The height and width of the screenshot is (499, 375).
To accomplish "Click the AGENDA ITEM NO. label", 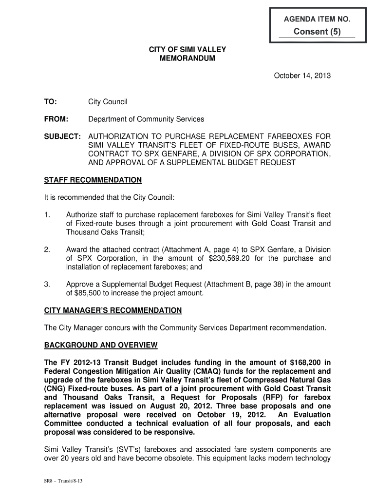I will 318,20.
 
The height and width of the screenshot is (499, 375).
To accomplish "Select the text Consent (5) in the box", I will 317,32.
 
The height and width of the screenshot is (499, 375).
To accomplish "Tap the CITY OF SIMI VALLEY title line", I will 187,50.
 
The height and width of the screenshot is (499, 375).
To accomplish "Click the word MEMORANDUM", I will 187,58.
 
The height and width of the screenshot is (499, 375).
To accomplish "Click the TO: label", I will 51,102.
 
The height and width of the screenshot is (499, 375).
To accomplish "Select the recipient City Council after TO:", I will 108,102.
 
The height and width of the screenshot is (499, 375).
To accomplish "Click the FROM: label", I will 56,119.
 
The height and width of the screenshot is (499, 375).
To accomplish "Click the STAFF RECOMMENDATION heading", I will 93,180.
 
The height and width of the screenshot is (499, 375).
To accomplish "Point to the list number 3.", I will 47,284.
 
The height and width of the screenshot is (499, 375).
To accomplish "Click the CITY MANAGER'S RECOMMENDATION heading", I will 113,310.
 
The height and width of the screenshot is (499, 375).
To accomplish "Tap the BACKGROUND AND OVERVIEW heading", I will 101,345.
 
